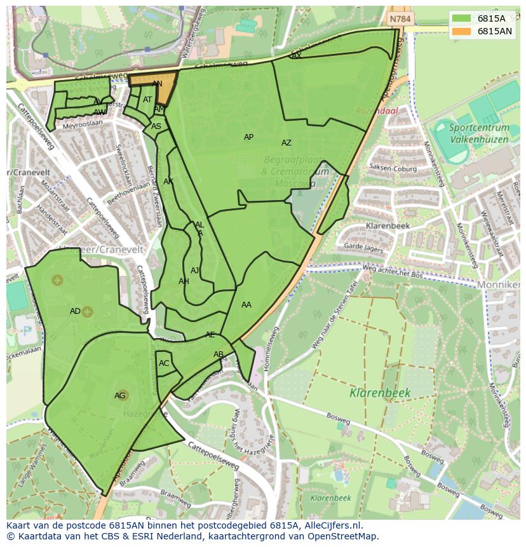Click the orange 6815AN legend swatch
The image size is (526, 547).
pyautogui.click(x=462, y=31)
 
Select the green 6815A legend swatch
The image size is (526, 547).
pyautogui.click(x=462, y=18)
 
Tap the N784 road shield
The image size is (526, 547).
pyautogui.click(x=400, y=19)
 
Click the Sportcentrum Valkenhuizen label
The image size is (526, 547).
pyautogui.click(x=479, y=132)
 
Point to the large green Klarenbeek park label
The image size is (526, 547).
pyautogui.click(x=380, y=393)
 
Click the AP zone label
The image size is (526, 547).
pyautogui.click(x=248, y=137)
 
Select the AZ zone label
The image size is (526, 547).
pyautogui.click(x=287, y=143)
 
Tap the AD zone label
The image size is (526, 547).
pyautogui.click(x=75, y=311)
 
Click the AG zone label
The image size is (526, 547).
pyautogui.click(x=119, y=396)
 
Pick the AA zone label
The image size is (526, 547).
pyautogui.click(x=246, y=305)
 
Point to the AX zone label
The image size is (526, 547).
pyautogui.click(x=296, y=56)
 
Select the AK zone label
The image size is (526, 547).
pyautogui.click(x=168, y=182)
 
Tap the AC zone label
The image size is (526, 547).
pyautogui.click(x=164, y=363)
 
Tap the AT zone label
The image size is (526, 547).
pyautogui.click(x=147, y=100)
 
